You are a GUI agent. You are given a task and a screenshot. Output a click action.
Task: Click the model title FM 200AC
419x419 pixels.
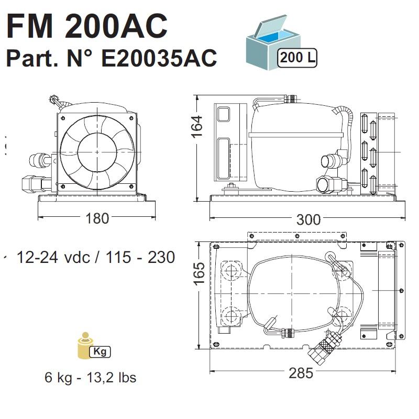pyautogui.click(x=87, y=26)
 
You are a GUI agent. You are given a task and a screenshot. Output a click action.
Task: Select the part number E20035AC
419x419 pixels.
pyautogui.click(x=159, y=58)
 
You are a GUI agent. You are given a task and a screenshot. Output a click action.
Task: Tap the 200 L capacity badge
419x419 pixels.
pyautogui.click(x=297, y=58)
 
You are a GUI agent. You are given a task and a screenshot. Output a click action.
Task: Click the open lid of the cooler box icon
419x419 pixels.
pyautogui.click(x=270, y=26)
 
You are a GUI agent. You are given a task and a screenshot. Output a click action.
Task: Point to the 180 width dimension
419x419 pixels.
pyautogui.click(x=97, y=218)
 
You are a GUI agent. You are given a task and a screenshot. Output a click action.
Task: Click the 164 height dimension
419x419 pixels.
pyautogui.click(x=197, y=127)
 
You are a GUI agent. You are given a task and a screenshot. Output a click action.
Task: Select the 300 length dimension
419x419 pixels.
pyautogui.click(x=308, y=219)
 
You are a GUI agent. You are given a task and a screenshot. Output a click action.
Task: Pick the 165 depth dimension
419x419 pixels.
pyautogui.click(x=200, y=273)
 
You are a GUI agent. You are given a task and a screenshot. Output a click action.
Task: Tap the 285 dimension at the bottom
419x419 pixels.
pyautogui.click(x=301, y=373)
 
